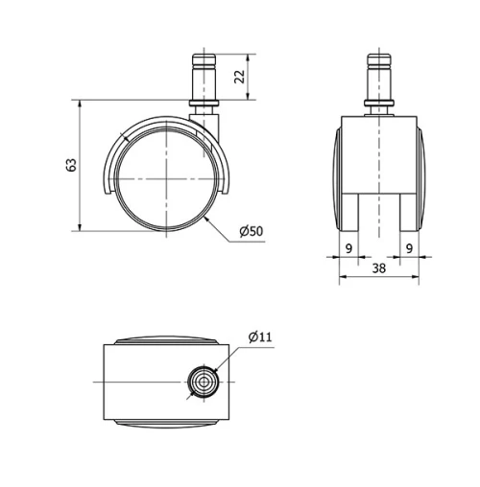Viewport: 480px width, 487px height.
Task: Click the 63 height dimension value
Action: tap(70, 164)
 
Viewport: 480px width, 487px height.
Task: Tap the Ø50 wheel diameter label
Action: tap(250, 231)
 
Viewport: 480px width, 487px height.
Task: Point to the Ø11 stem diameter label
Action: tap(260, 336)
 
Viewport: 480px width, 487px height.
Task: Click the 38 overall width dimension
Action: tap(379, 270)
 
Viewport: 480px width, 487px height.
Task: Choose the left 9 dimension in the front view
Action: tap(348, 248)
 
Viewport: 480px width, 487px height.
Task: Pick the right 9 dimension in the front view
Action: tap(410, 248)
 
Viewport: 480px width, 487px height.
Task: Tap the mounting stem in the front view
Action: tap(379, 78)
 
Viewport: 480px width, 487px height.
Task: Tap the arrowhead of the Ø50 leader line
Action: tap(208, 220)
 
